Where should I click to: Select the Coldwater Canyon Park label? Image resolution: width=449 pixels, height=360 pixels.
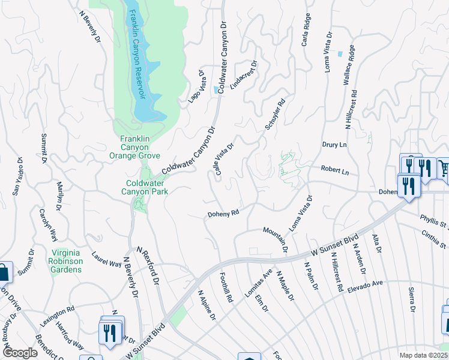coord(146,187)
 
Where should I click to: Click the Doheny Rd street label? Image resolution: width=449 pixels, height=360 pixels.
coord(223,213)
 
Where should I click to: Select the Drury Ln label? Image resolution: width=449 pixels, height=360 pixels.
coord(335,145)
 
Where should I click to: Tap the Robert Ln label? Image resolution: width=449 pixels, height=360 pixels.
coord(335,170)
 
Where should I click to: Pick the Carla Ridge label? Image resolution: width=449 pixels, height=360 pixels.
coord(306,30)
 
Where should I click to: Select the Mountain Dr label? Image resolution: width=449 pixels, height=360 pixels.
coord(276,239)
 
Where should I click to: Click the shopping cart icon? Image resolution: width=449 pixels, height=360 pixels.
coord(444,168)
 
